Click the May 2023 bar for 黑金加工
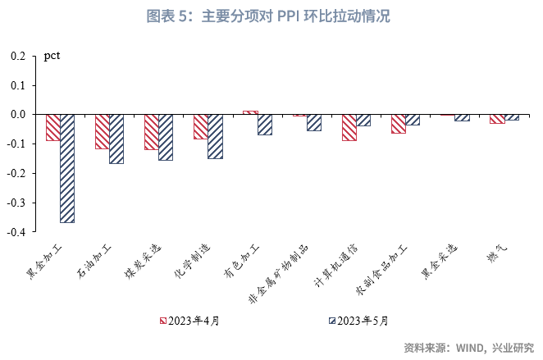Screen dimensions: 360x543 [x=67, y=168]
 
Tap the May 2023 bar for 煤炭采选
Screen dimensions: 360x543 [x=166, y=137]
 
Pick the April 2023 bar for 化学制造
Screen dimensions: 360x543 [x=200, y=126]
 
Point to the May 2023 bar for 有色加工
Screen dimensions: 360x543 [x=264, y=124]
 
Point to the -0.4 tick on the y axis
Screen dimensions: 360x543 [x=19, y=232]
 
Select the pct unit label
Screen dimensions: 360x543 [x=52, y=57]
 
